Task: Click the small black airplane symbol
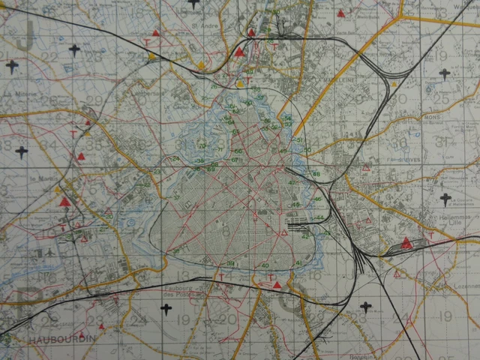49,253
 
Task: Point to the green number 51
299,140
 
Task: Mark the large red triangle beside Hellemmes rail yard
406,242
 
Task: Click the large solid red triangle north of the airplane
65,201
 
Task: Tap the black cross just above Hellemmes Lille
446,199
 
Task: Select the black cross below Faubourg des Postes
166,309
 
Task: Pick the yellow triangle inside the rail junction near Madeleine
394,84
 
